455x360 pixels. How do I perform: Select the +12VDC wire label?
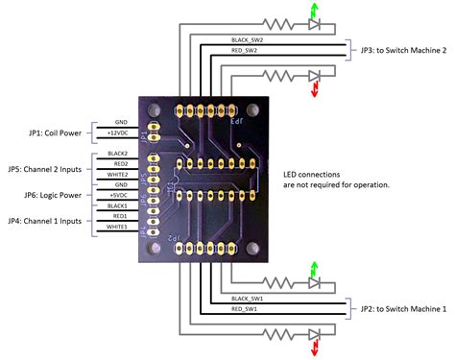[120, 132]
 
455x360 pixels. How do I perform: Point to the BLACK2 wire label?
[118, 153]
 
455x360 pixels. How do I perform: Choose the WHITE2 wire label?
[118, 175]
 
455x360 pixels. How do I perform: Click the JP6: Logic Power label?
[43, 195]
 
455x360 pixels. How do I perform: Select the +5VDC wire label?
[119, 196]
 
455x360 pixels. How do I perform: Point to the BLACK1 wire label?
[118, 205]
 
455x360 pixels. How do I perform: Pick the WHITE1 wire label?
[118, 228]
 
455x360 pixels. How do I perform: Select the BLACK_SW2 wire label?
[246, 40]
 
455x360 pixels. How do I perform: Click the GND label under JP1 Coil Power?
[120, 122]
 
